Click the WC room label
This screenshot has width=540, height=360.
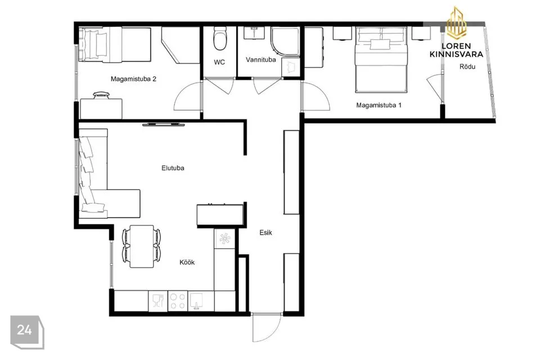tap(219, 62)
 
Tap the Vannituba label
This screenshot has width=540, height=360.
tap(260, 60)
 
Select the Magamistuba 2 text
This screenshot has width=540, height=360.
tap(133, 79)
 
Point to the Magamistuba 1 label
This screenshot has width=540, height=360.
tap(379, 105)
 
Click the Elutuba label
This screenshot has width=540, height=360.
tap(173, 168)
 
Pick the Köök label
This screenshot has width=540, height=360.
tap(187, 262)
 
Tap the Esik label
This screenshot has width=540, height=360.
tap(265, 232)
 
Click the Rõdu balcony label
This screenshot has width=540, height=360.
tap(467, 66)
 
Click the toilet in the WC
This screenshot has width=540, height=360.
tap(219, 38)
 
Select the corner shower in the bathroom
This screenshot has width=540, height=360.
tap(285, 41)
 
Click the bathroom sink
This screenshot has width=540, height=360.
tap(254, 33)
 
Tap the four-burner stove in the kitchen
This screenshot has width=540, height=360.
tap(178, 301)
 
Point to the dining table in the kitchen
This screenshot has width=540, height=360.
tap(142, 246)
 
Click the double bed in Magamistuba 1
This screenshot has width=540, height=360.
tap(381, 60)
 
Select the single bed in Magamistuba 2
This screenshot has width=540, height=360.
tap(115, 45)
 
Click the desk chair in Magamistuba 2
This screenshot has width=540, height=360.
tap(101, 94)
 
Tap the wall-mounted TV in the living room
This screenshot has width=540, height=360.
tap(164, 124)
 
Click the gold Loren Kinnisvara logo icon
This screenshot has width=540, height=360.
tap(456, 23)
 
